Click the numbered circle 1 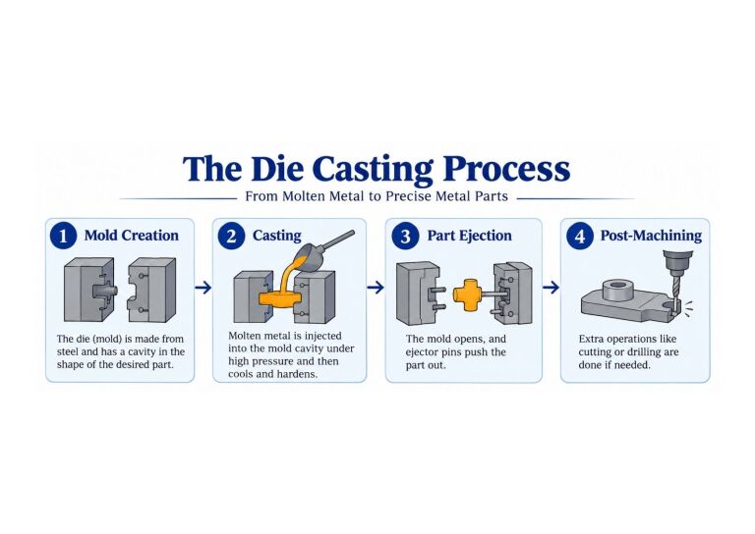[63, 236]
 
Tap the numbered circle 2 [231, 236]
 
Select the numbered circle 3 [405, 236]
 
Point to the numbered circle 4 [580, 236]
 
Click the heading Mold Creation [132, 236]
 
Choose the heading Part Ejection [470, 236]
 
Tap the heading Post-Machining [651, 236]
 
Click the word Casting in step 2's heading [277, 236]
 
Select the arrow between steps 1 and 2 [203, 288]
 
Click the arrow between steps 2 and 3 [376, 288]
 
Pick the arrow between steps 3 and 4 [551, 288]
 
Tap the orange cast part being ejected [468, 294]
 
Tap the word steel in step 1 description [68, 351]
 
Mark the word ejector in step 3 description [421, 352]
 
